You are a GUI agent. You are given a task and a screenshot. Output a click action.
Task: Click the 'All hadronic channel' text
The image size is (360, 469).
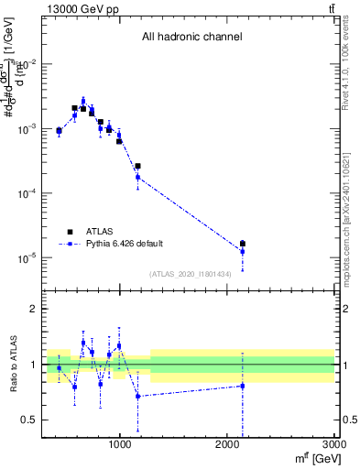pyautogui.click(x=191, y=38)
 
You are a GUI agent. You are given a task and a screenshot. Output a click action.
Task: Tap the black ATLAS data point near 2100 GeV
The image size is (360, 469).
pyautogui.click(x=242, y=244)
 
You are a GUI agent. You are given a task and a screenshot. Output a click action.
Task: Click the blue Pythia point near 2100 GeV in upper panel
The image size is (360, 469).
pyautogui.click(x=242, y=251)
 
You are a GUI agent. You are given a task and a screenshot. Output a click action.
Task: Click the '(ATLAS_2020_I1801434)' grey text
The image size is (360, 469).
pyautogui.click(x=190, y=273)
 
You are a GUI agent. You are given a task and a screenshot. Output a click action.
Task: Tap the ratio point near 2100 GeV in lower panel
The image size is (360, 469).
pyautogui.click(x=242, y=386)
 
